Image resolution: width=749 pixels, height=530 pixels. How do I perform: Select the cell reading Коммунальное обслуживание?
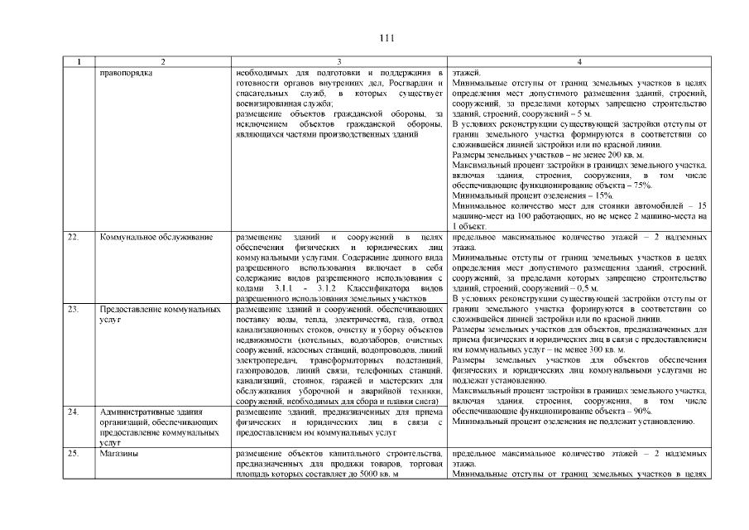[146, 238]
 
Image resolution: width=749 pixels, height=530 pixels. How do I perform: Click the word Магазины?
[118, 455]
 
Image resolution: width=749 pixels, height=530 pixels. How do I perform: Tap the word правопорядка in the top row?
[126, 73]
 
